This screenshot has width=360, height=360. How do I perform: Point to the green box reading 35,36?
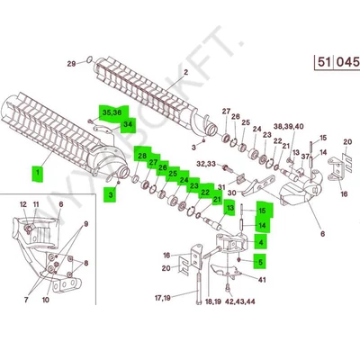click(x=112, y=113)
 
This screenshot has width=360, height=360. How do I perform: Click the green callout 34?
click(x=128, y=124)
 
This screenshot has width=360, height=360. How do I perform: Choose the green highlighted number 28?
click(x=141, y=157)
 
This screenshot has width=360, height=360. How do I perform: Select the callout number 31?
click(x=221, y=186)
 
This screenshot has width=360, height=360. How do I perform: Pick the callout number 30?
click(x=231, y=193)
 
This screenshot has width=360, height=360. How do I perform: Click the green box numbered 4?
click(x=260, y=242)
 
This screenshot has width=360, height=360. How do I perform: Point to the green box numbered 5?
click(x=260, y=263)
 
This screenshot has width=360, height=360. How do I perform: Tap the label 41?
click(x=262, y=281)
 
